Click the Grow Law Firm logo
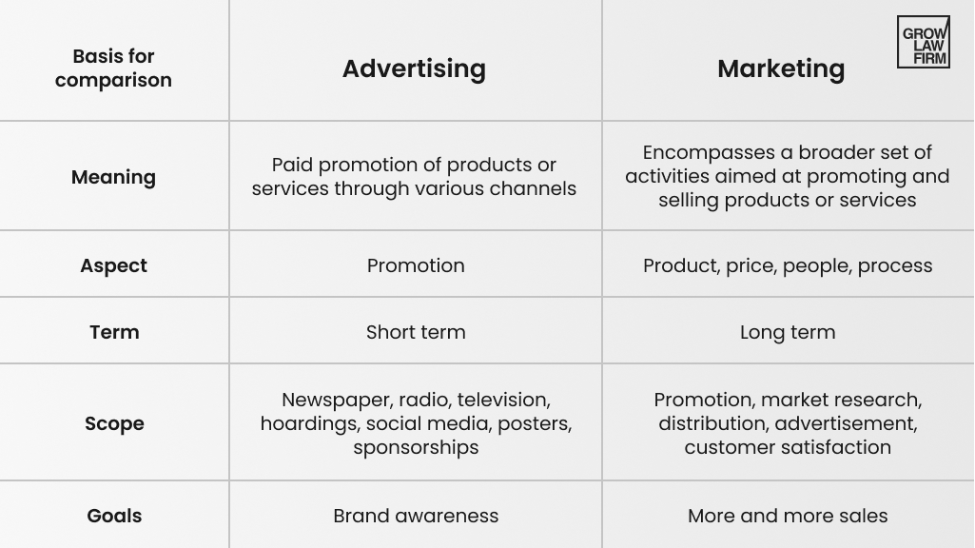924,42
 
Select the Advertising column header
414,68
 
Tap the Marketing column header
781,68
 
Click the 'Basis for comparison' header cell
113,68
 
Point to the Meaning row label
113,177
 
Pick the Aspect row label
113,265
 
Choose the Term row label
114,332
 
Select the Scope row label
114,423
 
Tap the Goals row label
114,516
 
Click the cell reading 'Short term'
416,332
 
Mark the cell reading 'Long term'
788,332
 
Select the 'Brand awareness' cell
416,516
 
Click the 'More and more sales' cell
788,516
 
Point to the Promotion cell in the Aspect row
416,265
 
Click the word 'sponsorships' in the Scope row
416,448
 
